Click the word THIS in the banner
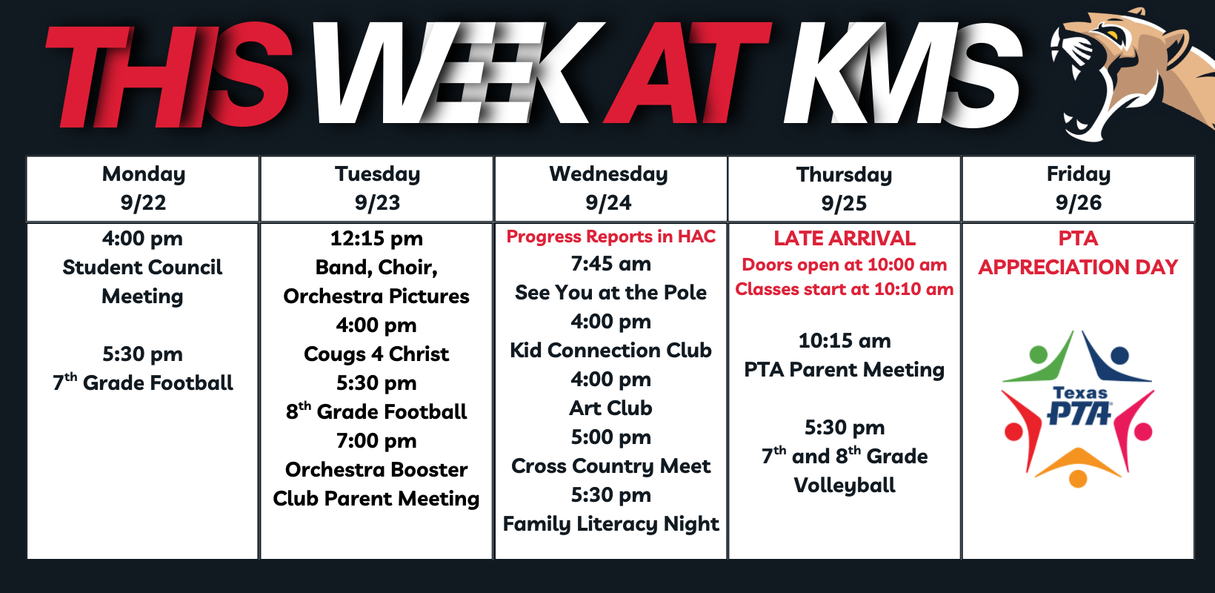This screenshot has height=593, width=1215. (168, 76)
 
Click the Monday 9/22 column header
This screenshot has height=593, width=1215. (143, 188)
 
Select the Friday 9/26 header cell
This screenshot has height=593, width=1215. (1079, 188)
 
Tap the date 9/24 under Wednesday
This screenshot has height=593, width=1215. (608, 203)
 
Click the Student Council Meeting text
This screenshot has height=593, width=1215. (143, 282)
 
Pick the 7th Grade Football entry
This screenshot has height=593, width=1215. (143, 382)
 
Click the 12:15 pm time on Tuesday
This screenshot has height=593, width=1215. (376, 238)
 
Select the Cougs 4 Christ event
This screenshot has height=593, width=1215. (376, 354)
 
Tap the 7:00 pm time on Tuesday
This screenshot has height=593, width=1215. (376, 440)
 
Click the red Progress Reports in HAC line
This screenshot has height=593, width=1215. (610, 236)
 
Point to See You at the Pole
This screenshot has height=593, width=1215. (610, 293)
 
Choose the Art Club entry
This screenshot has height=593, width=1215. (610, 408)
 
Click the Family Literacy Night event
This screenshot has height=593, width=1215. (610, 523)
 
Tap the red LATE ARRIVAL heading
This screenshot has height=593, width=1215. (845, 238)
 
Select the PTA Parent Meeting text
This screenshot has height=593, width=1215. (844, 369)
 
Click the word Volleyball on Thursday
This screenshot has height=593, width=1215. (845, 485)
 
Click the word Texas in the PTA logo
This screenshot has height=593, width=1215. (1080, 392)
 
